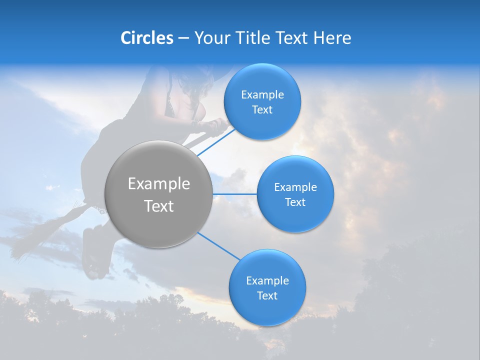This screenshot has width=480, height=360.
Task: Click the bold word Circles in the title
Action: (146, 38)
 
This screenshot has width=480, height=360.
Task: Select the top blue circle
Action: (262, 122)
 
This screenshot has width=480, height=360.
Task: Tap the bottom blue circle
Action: (267, 310)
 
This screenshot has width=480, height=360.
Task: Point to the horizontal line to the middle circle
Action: (234, 194)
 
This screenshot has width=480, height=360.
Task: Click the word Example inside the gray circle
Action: (158, 184)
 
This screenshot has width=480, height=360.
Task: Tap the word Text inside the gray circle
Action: (158, 206)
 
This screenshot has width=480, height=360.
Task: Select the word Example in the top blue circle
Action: (262, 94)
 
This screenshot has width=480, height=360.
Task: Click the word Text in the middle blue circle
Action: (295, 202)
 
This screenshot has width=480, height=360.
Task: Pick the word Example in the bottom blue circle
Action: (267, 280)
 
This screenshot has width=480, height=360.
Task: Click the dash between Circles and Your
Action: (183, 38)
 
